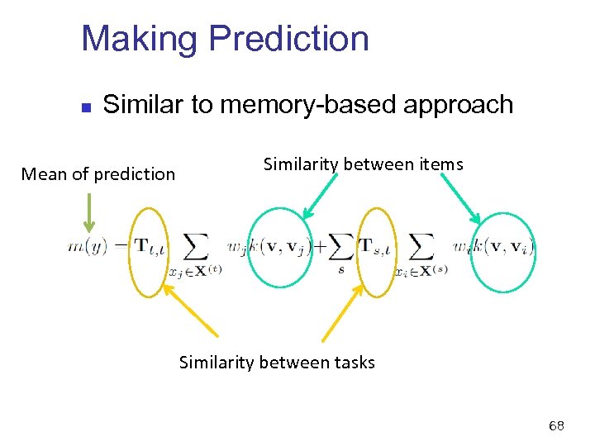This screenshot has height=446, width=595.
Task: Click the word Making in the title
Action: click(x=140, y=39)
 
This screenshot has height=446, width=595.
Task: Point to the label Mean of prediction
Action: click(x=98, y=173)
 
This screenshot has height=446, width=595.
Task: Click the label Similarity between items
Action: click(x=363, y=164)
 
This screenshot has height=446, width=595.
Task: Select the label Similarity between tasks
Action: click(x=277, y=362)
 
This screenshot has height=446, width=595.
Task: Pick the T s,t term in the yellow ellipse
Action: click(x=377, y=245)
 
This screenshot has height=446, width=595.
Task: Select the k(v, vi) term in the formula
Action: click(x=506, y=245)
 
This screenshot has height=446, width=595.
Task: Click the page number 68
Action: click(x=556, y=426)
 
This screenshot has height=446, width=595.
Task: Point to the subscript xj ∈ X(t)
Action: click(x=196, y=271)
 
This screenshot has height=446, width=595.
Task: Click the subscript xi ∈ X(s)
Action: click(x=421, y=271)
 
